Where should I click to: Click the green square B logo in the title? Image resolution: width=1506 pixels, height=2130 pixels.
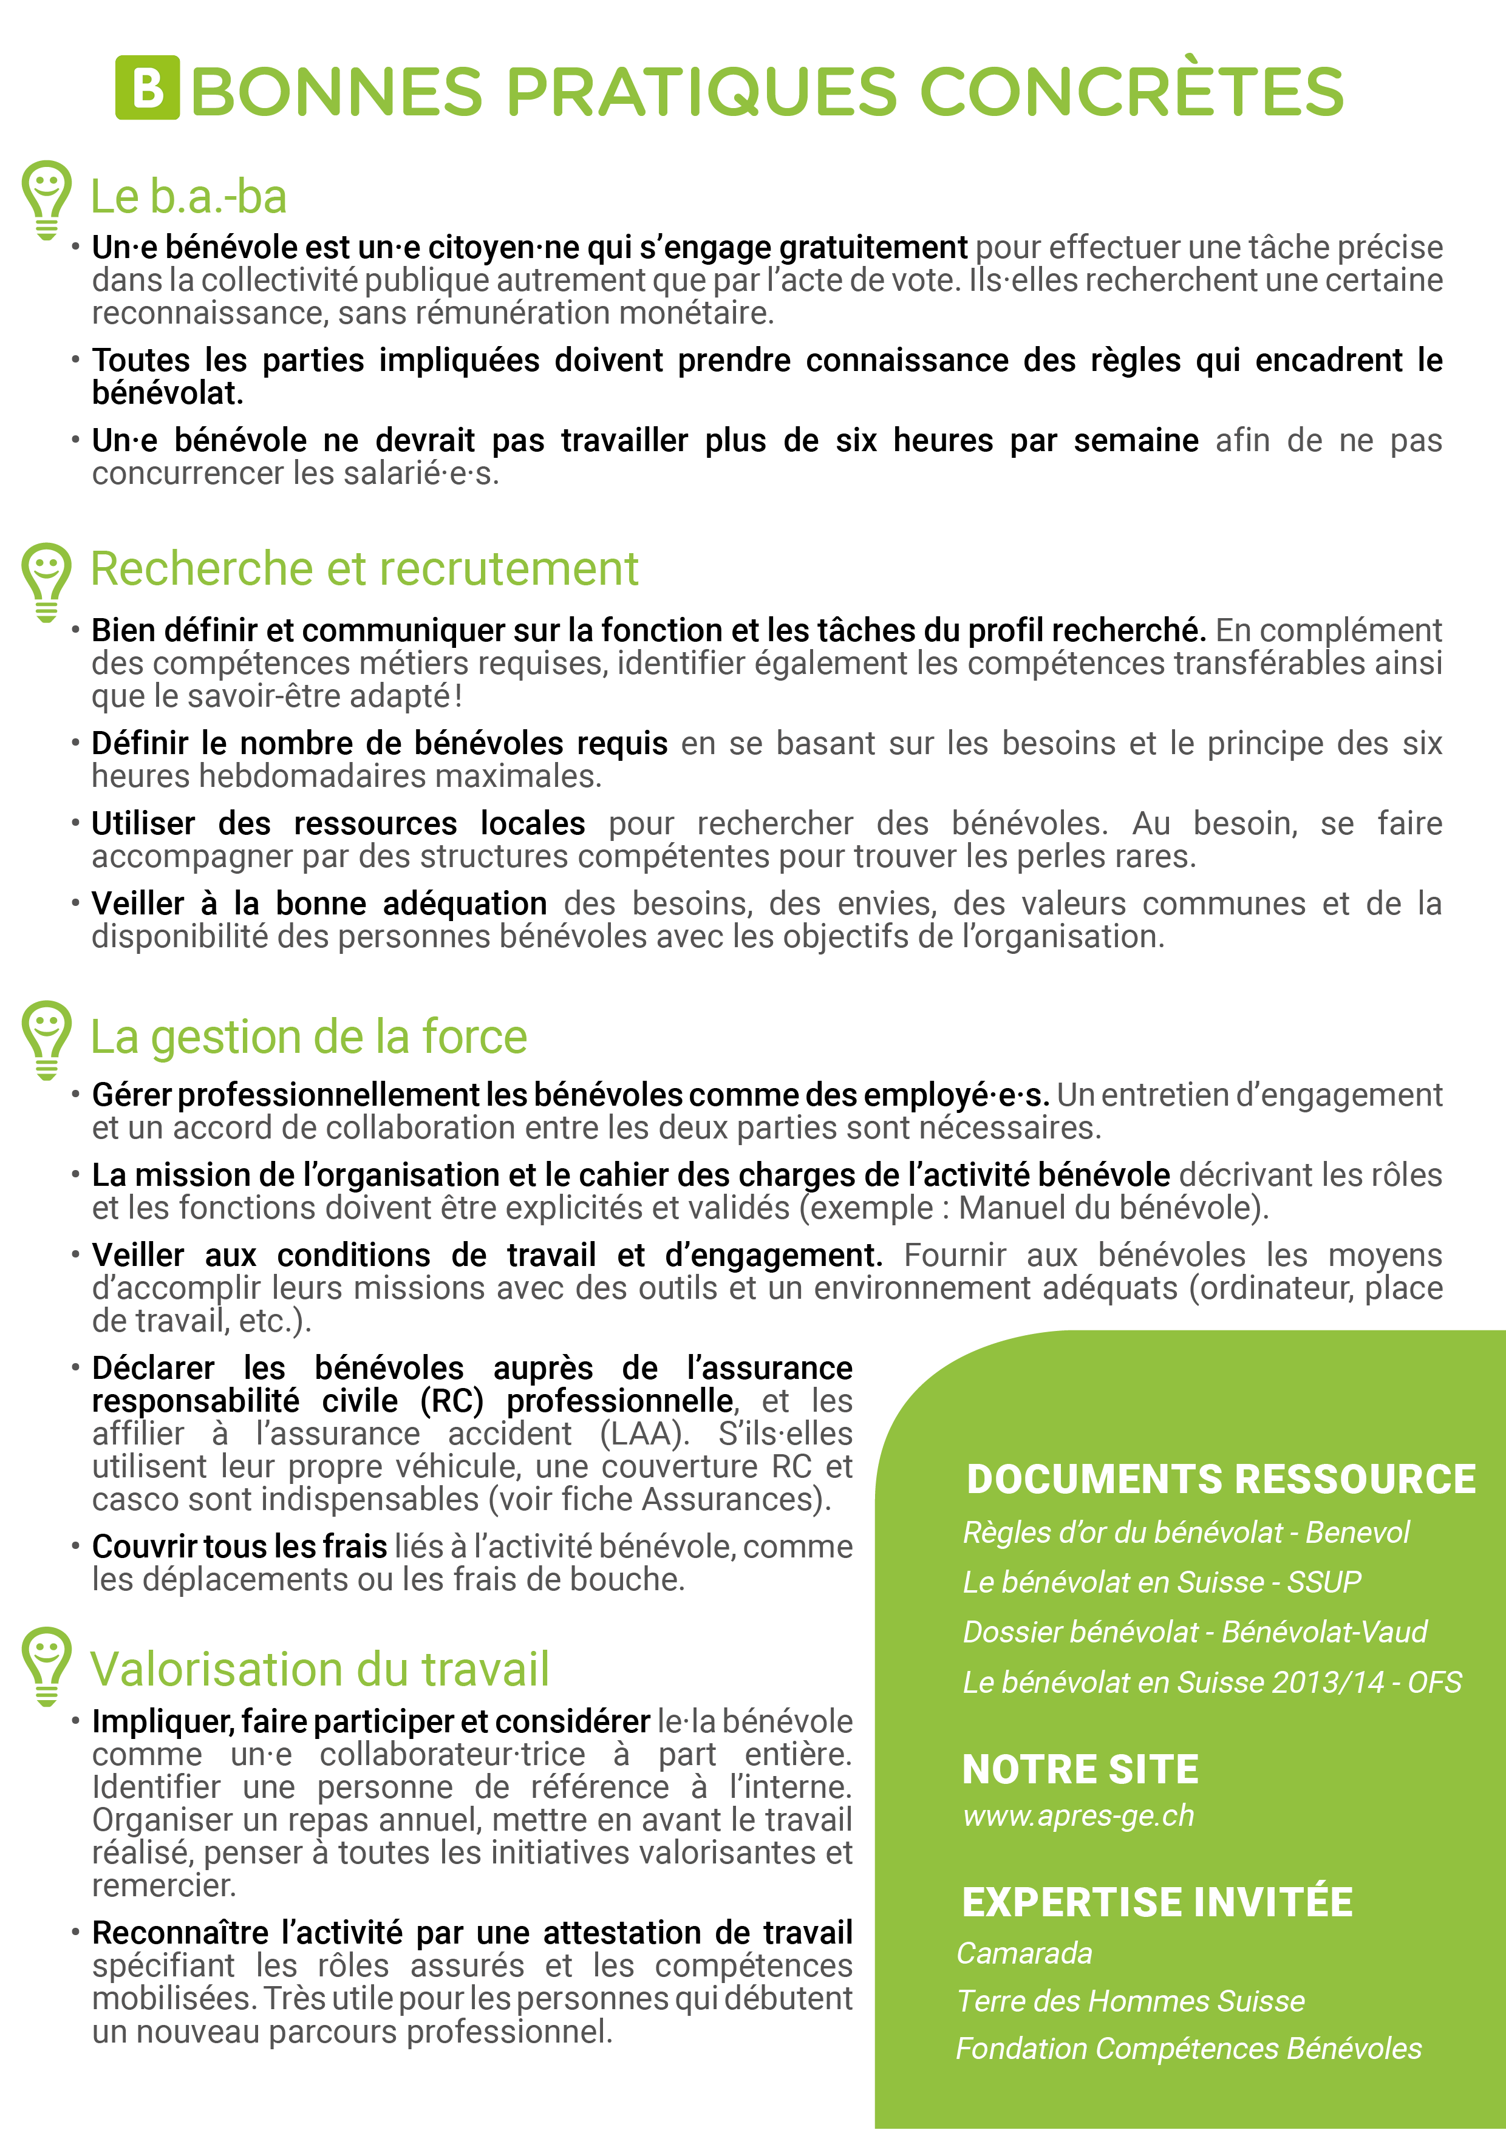146,88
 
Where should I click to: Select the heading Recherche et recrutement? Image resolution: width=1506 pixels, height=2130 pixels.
364,569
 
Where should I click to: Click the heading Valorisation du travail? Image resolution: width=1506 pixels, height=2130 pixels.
319,1669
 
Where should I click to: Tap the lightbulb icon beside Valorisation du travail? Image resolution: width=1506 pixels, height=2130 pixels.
46,1666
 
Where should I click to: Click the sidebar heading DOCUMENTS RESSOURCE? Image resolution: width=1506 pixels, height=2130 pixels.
1220,1478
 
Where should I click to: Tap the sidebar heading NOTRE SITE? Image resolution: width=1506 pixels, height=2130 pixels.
1080,1769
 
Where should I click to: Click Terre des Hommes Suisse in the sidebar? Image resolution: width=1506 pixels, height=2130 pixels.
1130,2001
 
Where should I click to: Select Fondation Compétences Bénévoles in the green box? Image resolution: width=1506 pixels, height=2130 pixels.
1188,2049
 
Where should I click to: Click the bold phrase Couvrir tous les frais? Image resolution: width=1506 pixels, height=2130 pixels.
239,1546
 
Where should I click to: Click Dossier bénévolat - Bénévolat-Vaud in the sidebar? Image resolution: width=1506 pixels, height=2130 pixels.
1195,1632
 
